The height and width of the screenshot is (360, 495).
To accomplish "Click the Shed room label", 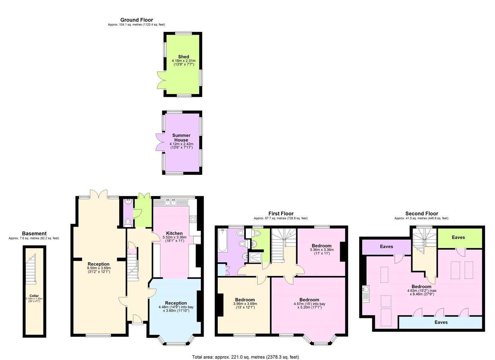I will click(184, 57).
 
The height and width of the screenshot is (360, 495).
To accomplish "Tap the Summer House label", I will click(181, 138).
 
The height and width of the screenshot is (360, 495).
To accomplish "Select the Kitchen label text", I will click(174, 233).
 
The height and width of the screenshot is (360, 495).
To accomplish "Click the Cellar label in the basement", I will click(34, 296).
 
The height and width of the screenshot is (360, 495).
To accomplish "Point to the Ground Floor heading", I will click(136, 20).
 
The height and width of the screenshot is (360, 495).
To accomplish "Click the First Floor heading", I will click(281, 214).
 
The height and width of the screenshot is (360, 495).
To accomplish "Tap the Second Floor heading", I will click(421, 214).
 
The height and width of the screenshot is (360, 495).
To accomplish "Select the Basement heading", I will click(34, 233).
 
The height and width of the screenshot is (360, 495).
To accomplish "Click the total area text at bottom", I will click(245, 357).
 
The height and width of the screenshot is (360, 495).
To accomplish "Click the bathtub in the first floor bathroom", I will click(223, 240).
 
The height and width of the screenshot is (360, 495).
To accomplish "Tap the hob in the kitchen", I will click(193, 219).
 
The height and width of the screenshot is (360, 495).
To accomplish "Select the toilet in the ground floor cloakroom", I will click(128, 222).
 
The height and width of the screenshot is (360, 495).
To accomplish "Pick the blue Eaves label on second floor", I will click(441, 322).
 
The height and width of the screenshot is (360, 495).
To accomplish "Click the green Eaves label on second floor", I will click(458, 237).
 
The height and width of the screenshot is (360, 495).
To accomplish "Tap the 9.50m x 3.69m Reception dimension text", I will click(99, 268).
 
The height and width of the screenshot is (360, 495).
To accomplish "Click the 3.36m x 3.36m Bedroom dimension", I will click(321, 250).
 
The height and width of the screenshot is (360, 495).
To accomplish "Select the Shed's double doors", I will click(161, 80).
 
